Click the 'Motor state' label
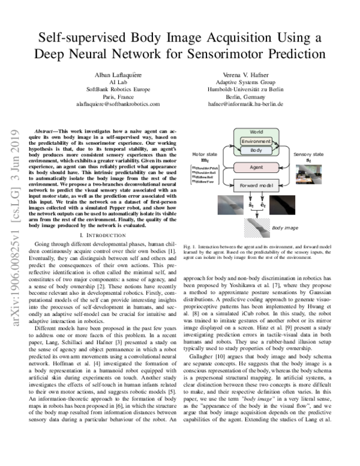(x=205, y=154)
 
